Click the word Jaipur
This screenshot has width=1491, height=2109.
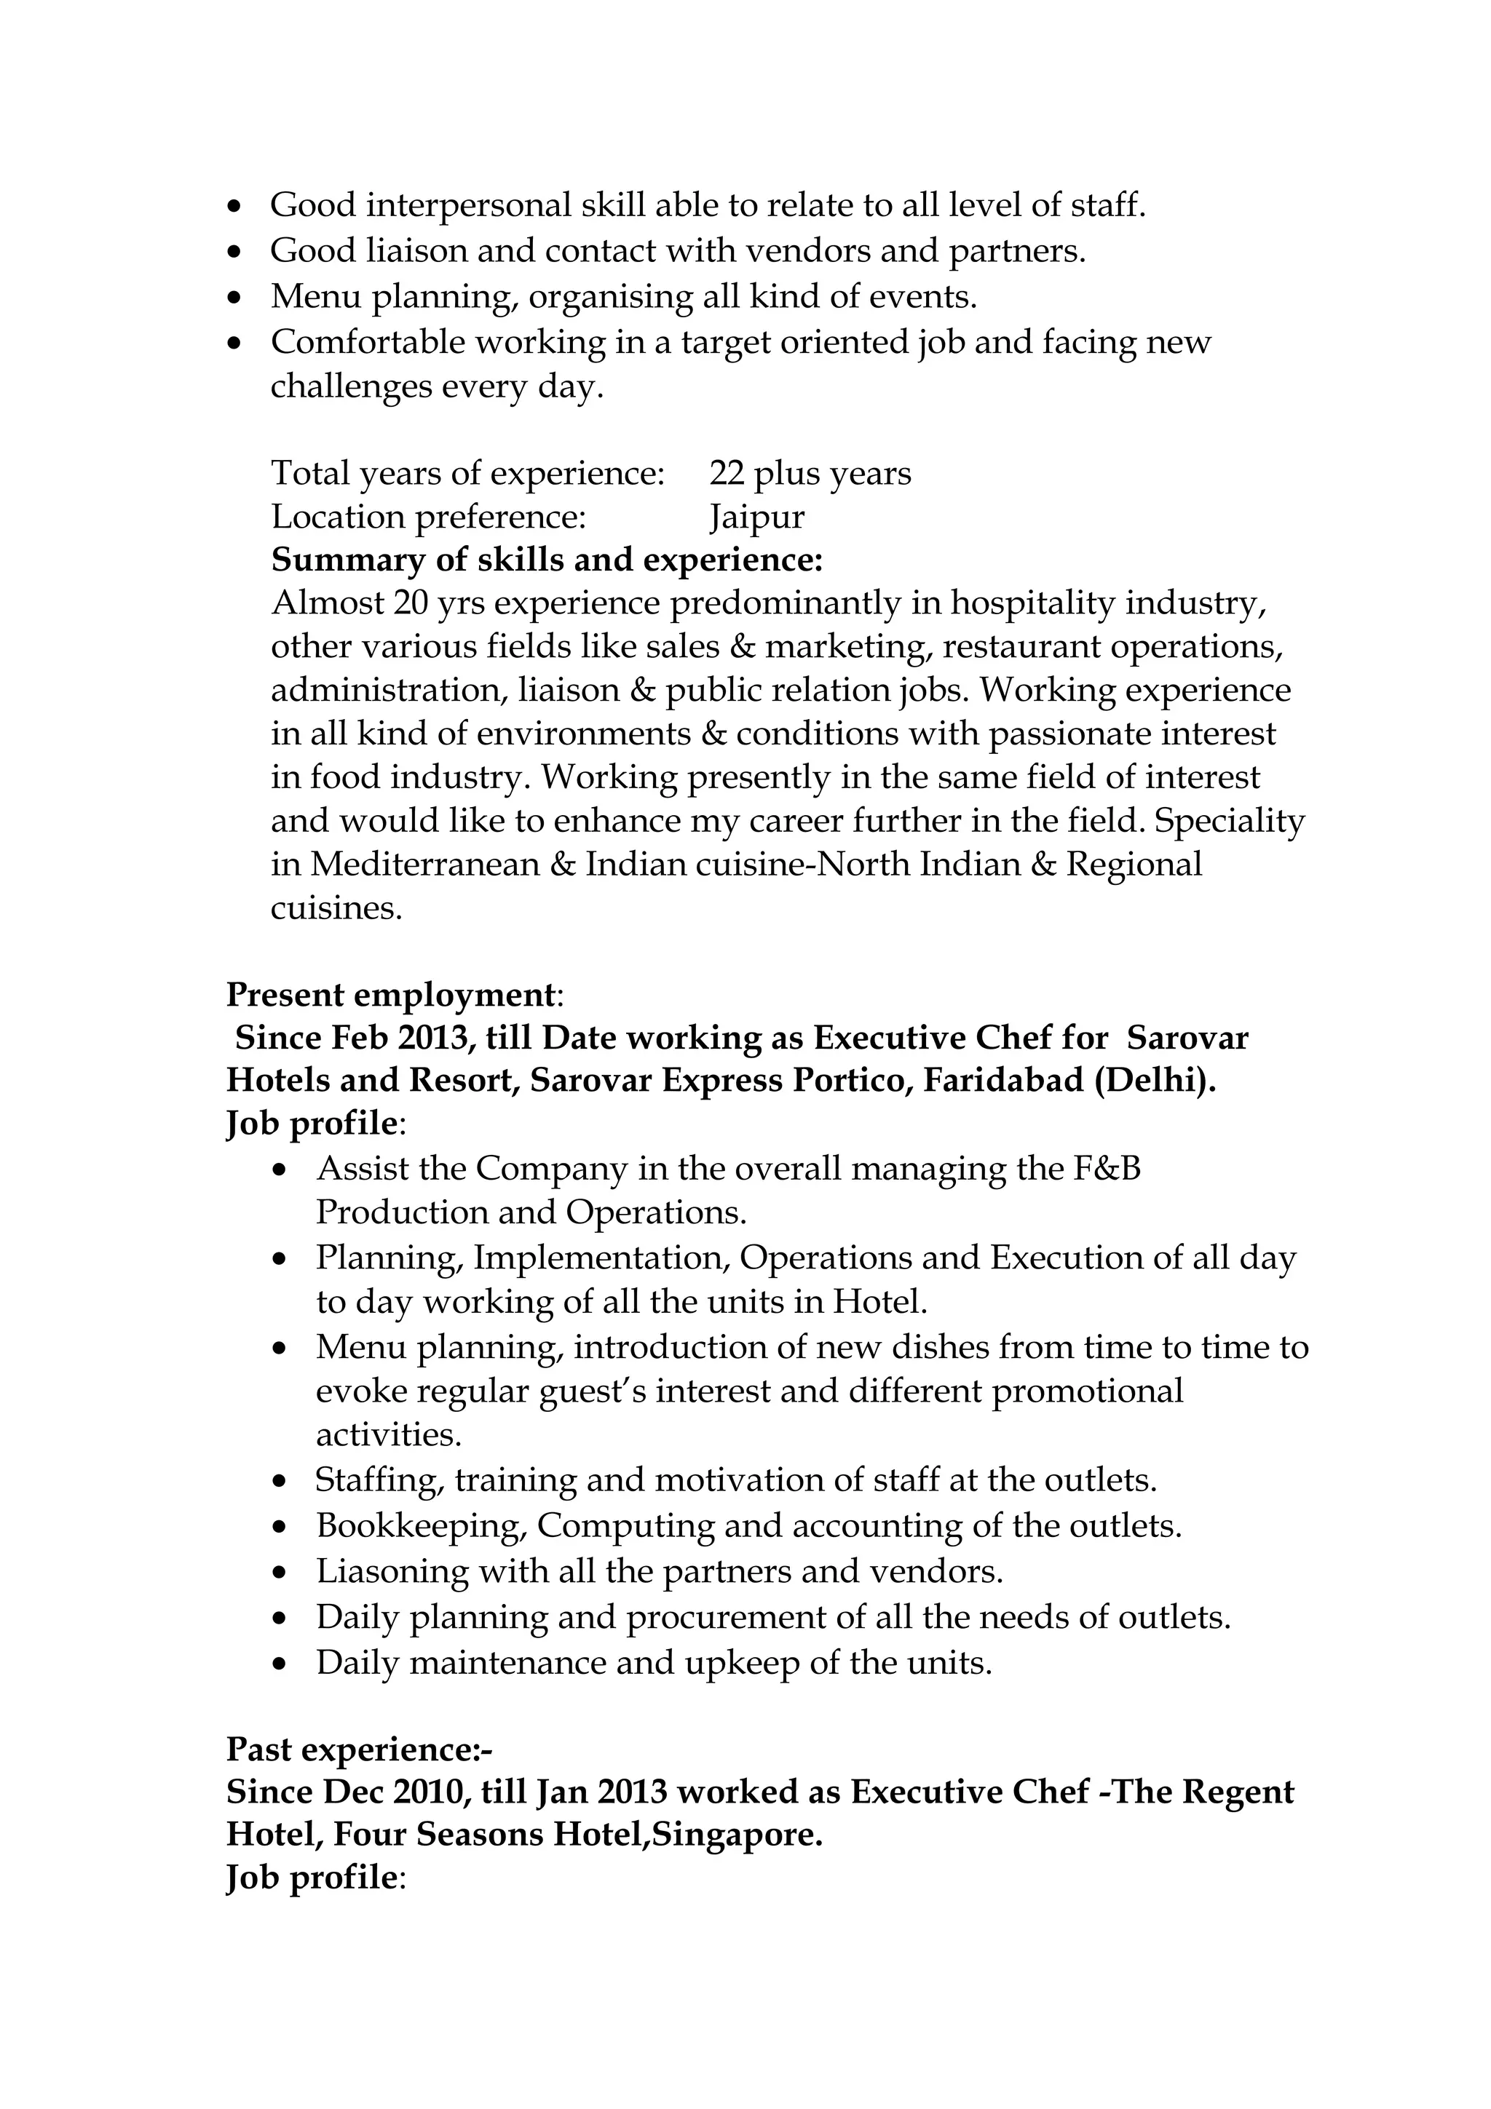756,517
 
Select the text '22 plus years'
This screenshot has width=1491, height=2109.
810,474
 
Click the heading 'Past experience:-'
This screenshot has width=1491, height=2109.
359,1749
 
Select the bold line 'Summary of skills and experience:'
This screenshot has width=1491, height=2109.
547,560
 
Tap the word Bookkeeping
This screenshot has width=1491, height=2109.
421,1526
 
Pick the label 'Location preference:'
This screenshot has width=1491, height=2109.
428,517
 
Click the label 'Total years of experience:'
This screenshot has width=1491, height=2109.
467,474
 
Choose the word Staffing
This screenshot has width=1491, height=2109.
379,1480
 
